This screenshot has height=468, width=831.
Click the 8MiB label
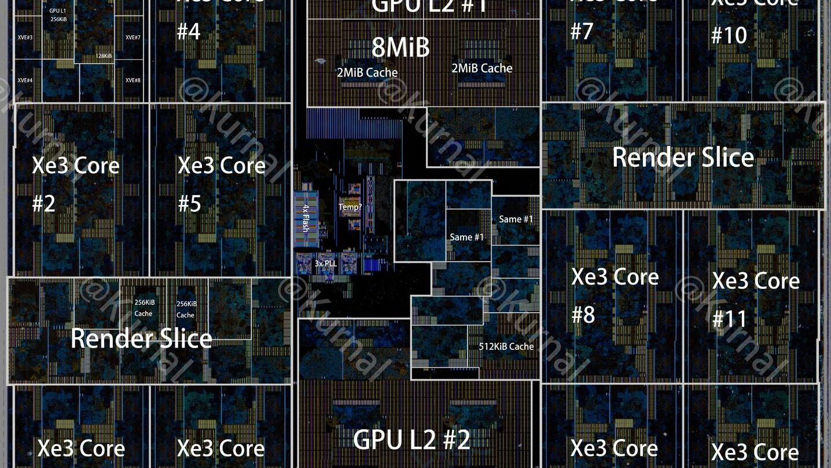pos(400,47)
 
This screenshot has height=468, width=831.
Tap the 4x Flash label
pos(306,218)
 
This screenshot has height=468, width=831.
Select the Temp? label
pos(350,206)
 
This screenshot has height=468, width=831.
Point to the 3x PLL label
pos(325,263)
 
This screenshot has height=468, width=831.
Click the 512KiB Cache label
pos(506,346)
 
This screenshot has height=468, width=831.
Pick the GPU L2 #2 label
pos(411,440)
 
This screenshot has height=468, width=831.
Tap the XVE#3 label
pos(25,38)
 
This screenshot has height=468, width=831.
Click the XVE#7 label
pos(133,38)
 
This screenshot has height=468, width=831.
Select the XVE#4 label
pos(25,80)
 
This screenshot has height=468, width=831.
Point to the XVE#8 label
pos(133,80)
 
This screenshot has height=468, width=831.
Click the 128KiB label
pos(104,56)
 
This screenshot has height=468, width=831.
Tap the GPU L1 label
pos(57,11)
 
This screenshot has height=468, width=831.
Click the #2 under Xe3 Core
pos(44,204)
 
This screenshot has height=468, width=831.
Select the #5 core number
pos(189,204)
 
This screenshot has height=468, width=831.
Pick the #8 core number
pos(583,315)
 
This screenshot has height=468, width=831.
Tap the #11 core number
pos(730,319)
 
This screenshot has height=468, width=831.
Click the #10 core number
pos(729,36)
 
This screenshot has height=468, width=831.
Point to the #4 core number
pos(188,31)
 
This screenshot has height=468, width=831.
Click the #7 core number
pos(582,31)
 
